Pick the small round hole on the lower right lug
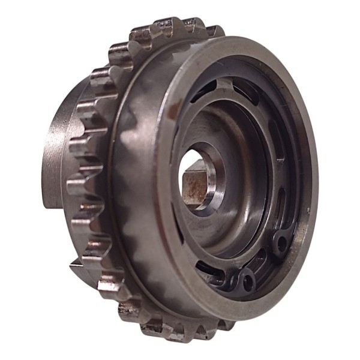280,242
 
